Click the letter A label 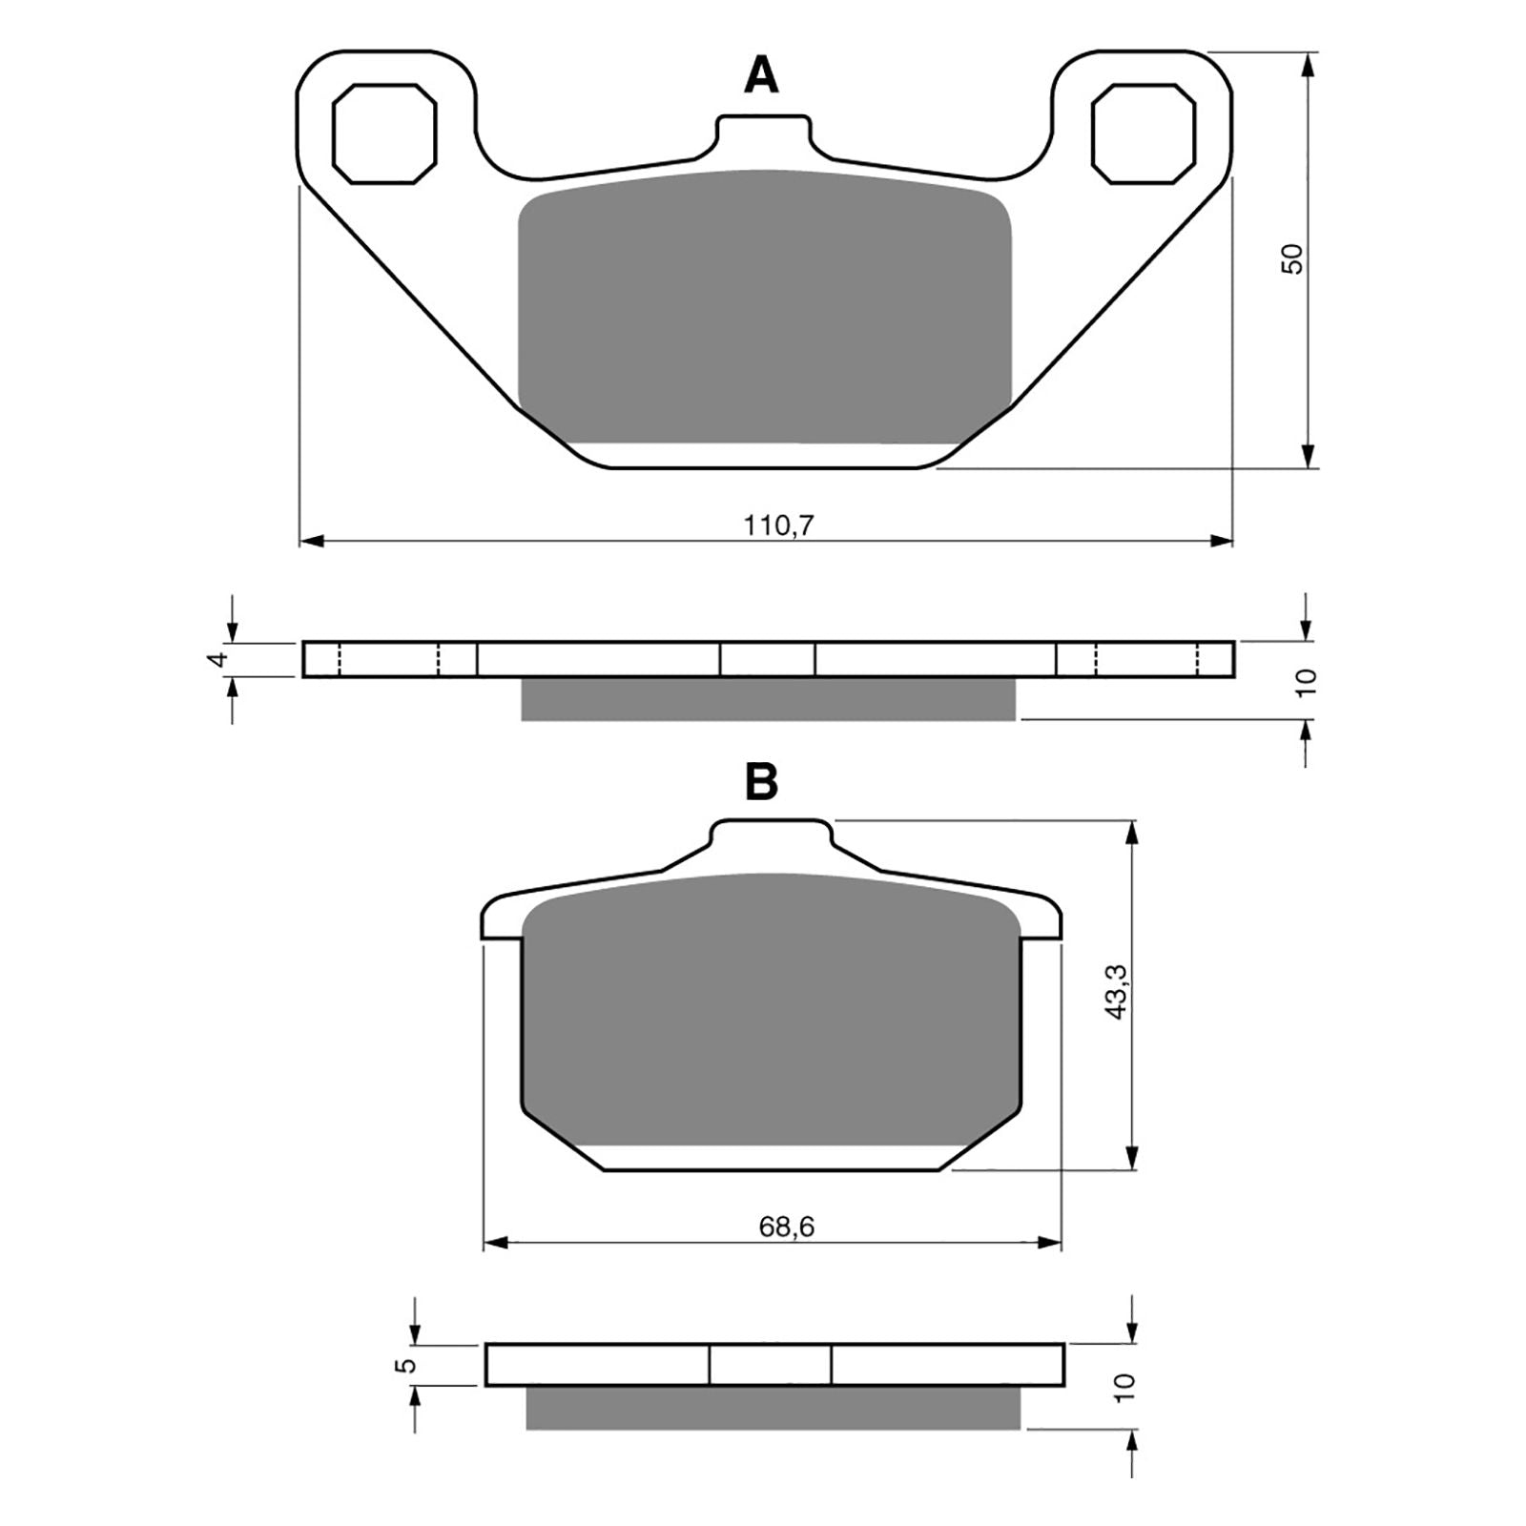[x=760, y=75]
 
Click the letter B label [x=760, y=782]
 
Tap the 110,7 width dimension [x=779, y=525]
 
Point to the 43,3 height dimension [x=1117, y=993]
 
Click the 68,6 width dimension [x=786, y=1227]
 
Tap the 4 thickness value [x=220, y=659]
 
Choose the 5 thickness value [x=409, y=1365]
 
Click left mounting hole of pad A [x=384, y=133]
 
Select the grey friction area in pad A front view [x=763, y=305]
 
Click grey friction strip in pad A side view [x=768, y=698]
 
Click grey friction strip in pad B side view [x=773, y=1408]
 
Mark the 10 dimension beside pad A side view [x=1308, y=680]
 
